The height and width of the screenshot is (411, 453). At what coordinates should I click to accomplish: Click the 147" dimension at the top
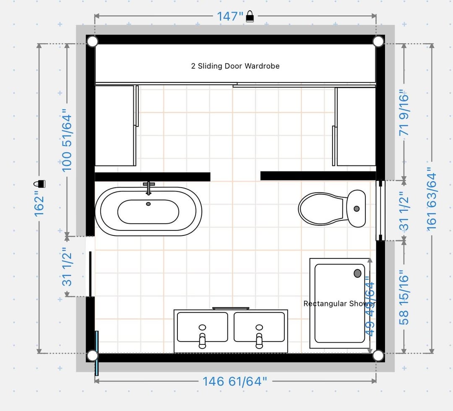(x=230, y=16)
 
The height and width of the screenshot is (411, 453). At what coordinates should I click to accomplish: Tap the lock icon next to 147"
(x=250, y=16)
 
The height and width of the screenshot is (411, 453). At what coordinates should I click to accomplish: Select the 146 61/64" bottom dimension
(x=234, y=381)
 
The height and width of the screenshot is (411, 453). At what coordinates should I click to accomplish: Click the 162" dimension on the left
(x=39, y=205)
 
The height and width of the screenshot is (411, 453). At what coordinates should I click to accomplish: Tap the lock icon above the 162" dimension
(x=39, y=184)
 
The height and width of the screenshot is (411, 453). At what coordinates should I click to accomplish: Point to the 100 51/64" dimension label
(x=67, y=140)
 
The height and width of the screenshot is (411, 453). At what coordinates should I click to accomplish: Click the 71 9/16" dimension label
(x=404, y=113)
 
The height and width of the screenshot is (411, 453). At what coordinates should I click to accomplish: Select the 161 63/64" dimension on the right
(x=432, y=199)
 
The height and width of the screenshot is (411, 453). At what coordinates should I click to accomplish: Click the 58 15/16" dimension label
(x=404, y=297)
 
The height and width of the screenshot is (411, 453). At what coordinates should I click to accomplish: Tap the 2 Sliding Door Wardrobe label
(x=235, y=66)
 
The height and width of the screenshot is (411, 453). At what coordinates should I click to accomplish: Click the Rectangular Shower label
(x=339, y=304)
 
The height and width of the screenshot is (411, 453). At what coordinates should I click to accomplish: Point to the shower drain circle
(x=357, y=273)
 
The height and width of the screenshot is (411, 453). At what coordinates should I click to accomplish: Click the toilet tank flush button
(x=357, y=209)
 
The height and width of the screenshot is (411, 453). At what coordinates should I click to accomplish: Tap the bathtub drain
(x=148, y=204)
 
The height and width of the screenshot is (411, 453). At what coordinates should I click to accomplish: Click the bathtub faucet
(x=149, y=188)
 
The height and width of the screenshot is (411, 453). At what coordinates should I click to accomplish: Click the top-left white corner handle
(x=92, y=41)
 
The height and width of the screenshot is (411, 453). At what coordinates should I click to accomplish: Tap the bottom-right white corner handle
(x=378, y=356)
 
